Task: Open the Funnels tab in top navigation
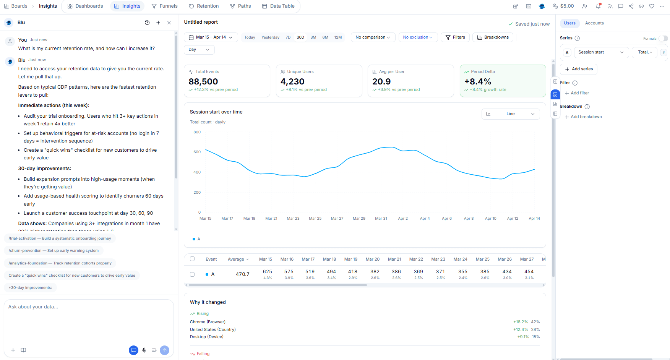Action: tap(164, 6)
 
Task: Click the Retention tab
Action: tap(204, 6)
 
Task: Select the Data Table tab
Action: tap(278, 6)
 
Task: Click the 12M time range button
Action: tap(338, 37)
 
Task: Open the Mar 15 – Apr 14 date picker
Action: tap(211, 37)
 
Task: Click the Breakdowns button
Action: tap(493, 37)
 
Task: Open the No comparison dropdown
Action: tap(373, 37)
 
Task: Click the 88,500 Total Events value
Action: tap(203, 81)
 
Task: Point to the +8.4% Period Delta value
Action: tap(477, 81)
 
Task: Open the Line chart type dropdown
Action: tap(510, 114)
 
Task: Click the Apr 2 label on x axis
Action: tap(403, 219)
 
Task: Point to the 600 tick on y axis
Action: tap(197, 152)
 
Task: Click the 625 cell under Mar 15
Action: tap(268, 272)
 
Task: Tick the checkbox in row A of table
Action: tap(192, 274)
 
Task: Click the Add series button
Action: tap(579, 69)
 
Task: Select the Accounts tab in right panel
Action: tap(594, 23)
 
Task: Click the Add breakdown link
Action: tap(586, 117)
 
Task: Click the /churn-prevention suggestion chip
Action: tap(54, 251)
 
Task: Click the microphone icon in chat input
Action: tap(144, 350)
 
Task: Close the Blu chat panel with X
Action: tap(169, 23)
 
